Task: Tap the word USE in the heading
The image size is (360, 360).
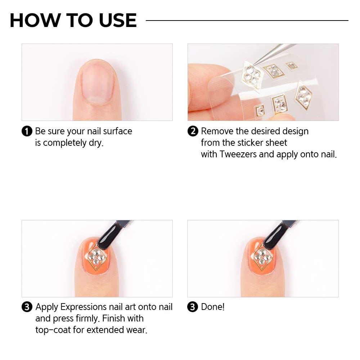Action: [x=117, y=21]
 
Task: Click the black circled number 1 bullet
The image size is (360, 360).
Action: [x=27, y=131]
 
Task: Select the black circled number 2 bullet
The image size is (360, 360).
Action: [x=193, y=131]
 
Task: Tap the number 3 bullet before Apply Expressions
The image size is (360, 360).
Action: [x=27, y=307]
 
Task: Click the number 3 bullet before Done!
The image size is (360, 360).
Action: [x=193, y=307]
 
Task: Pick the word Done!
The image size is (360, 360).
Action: [x=213, y=307]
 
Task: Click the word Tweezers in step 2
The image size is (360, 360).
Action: [x=239, y=154]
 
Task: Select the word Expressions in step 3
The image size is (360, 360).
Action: [x=84, y=307]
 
